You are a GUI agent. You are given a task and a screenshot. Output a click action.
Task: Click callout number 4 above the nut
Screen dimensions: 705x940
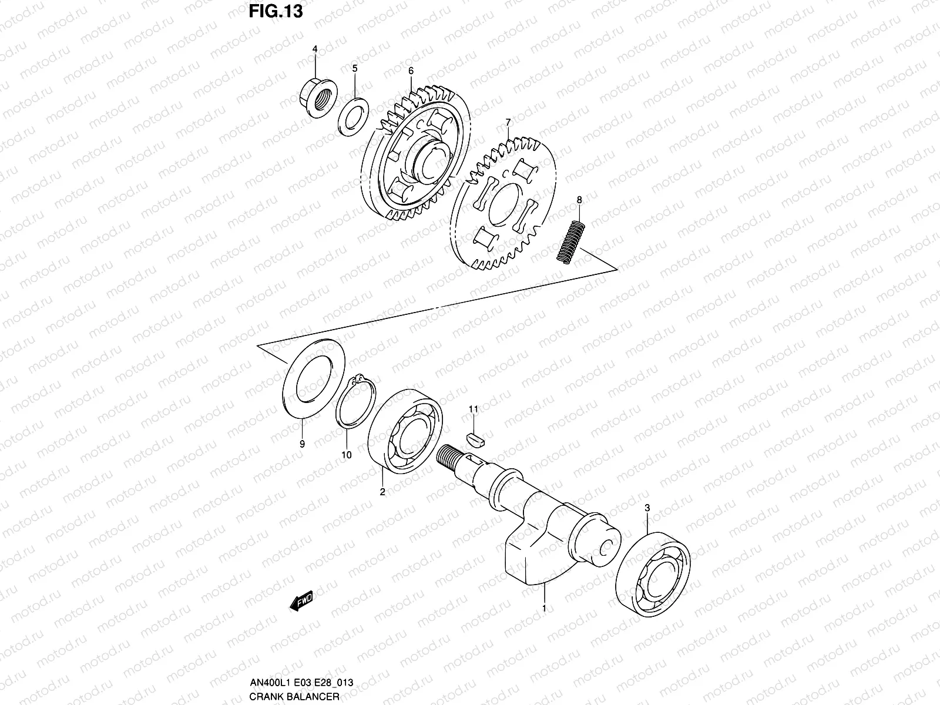coord(314,49)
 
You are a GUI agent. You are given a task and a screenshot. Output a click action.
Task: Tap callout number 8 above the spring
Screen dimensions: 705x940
coord(579,200)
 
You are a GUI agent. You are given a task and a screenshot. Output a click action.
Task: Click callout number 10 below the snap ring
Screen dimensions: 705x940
coord(346,454)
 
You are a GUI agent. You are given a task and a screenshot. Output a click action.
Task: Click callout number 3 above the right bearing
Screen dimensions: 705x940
coord(647,507)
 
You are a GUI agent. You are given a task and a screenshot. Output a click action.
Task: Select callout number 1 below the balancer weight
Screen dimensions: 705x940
coord(545,608)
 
